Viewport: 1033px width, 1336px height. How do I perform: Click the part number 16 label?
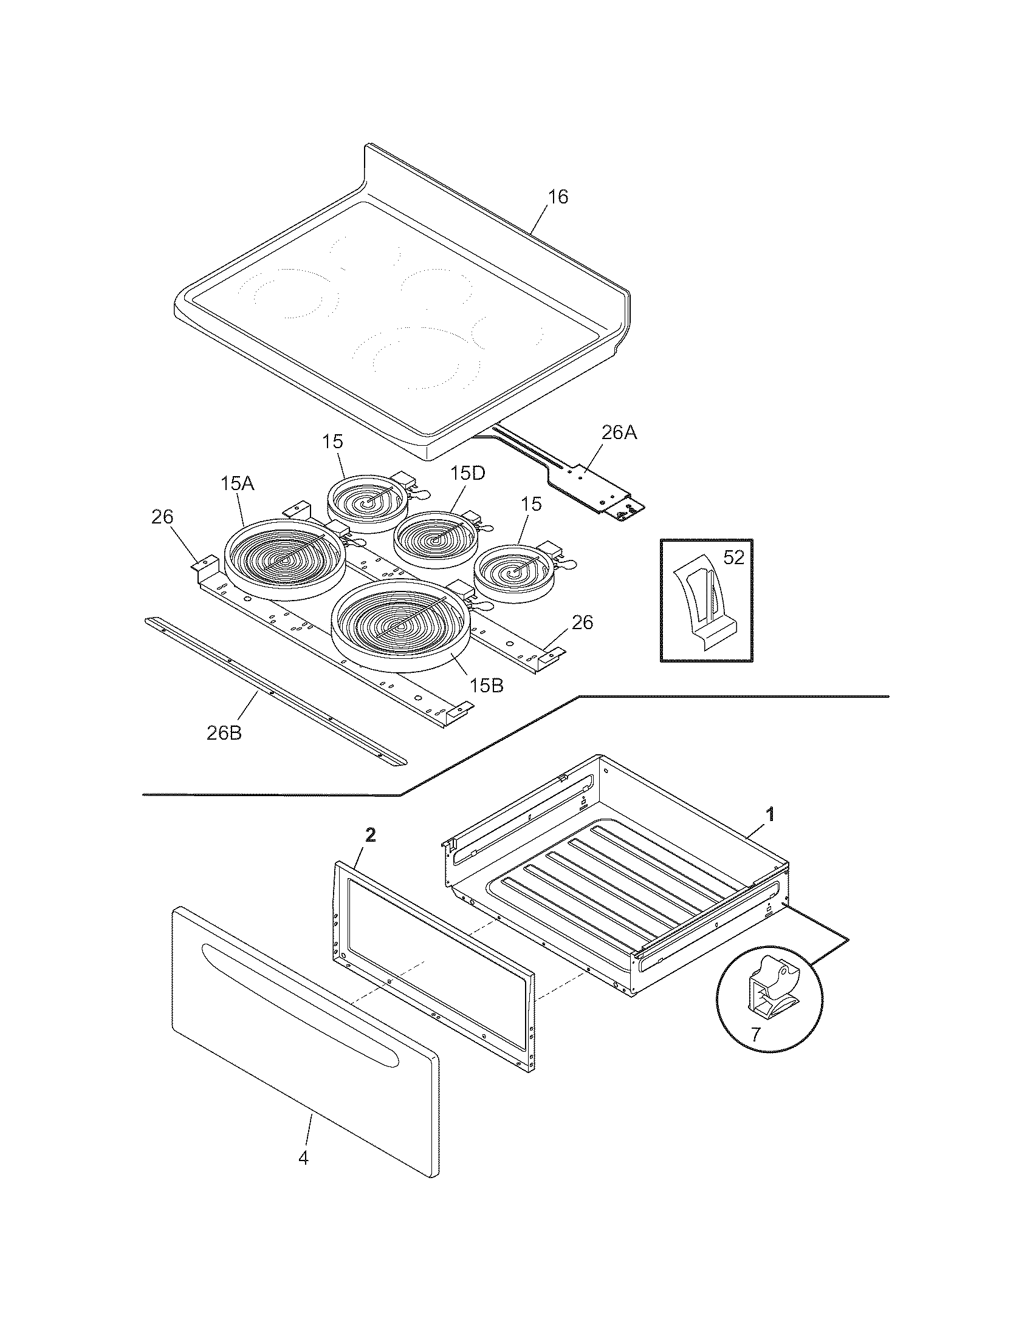pyautogui.click(x=558, y=197)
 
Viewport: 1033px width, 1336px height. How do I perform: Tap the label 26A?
pyautogui.click(x=619, y=433)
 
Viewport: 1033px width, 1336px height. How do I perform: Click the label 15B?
pyautogui.click(x=487, y=686)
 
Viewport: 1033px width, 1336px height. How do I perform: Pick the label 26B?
pyautogui.click(x=224, y=733)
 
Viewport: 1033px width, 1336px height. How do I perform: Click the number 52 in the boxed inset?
pyautogui.click(x=733, y=557)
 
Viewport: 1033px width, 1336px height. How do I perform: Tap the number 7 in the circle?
pyautogui.click(x=756, y=1034)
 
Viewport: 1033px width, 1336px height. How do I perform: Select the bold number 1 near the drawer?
pyautogui.click(x=771, y=814)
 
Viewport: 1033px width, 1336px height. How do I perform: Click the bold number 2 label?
pyautogui.click(x=371, y=836)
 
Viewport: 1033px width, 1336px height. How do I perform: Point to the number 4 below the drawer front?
pyautogui.click(x=304, y=1158)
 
